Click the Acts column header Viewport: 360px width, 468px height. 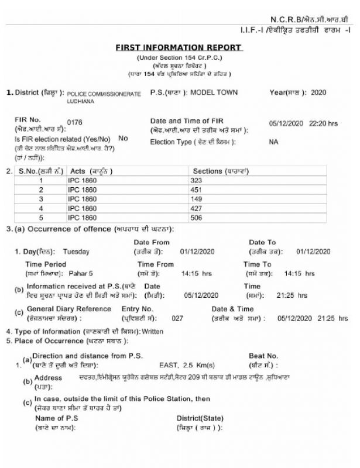click(91, 171)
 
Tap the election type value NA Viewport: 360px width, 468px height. click(273, 142)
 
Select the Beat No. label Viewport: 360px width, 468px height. click(264, 356)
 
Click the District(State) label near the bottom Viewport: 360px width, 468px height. click(200, 418)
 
